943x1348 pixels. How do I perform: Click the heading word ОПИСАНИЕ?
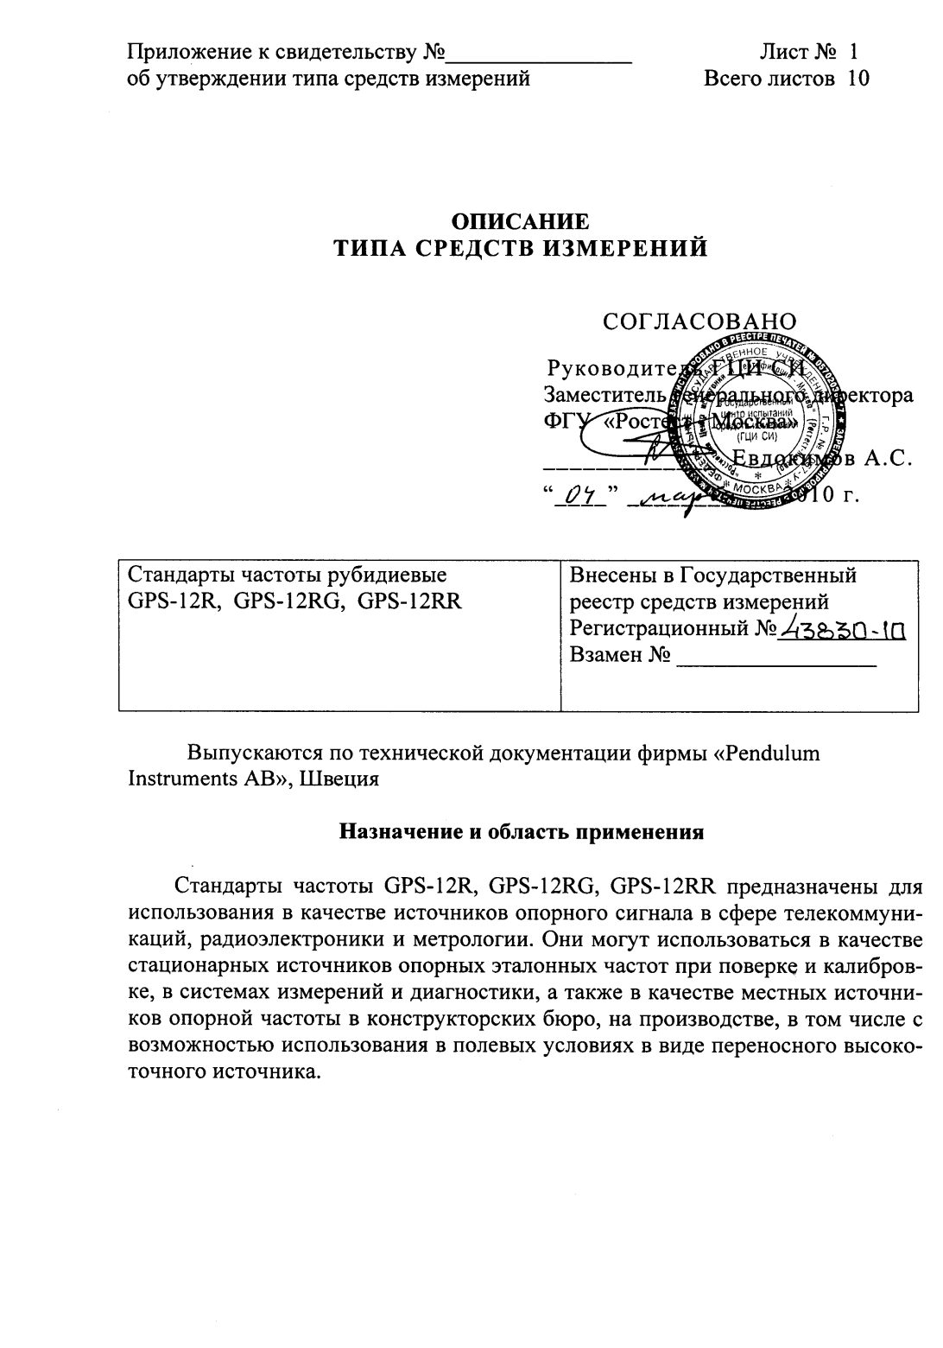click(521, 220)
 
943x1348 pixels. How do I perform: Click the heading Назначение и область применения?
click(521, 832)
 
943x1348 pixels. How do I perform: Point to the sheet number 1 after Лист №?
click(854, 53)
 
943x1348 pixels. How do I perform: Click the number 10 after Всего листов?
click(858, 79)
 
